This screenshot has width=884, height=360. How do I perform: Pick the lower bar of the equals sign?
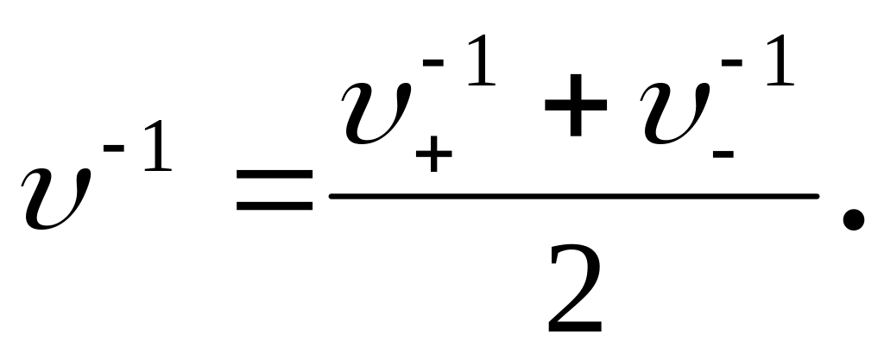pos(274,208)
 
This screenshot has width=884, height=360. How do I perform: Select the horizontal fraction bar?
pos(573,197)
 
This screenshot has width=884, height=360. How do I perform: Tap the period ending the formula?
pos(852,220)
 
